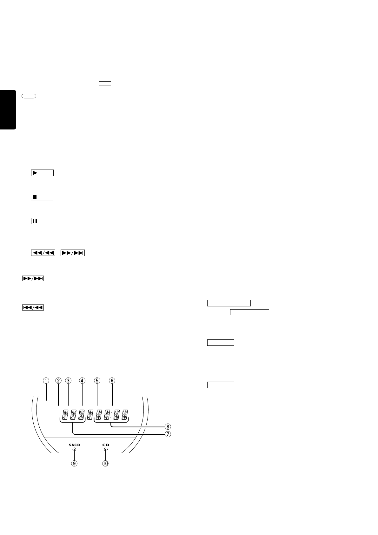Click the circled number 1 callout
(x=46, y=380)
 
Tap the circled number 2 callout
(x=58, y=380)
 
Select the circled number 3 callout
(x=68, y=380)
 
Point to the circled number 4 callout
(x=82, y=380)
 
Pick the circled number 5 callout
(x=97, y=380)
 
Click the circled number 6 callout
(x=112, y=380)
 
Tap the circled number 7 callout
(x=168, y=434)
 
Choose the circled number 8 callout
(x=168, y=426)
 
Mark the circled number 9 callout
(x=74, y=463)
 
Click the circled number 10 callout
(x=105, y=463)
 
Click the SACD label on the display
(x=75, y=445)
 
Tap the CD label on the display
(x=106, y=445)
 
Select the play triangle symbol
(x=35, y=173)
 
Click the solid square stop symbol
(x=35, y=197)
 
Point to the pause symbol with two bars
(x=35, y=221)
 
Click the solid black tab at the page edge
(x=8, y=110)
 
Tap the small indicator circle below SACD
(x=74, y=450)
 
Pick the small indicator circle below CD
(x=106, y=450)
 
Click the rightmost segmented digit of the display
(x=125, y=414)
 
